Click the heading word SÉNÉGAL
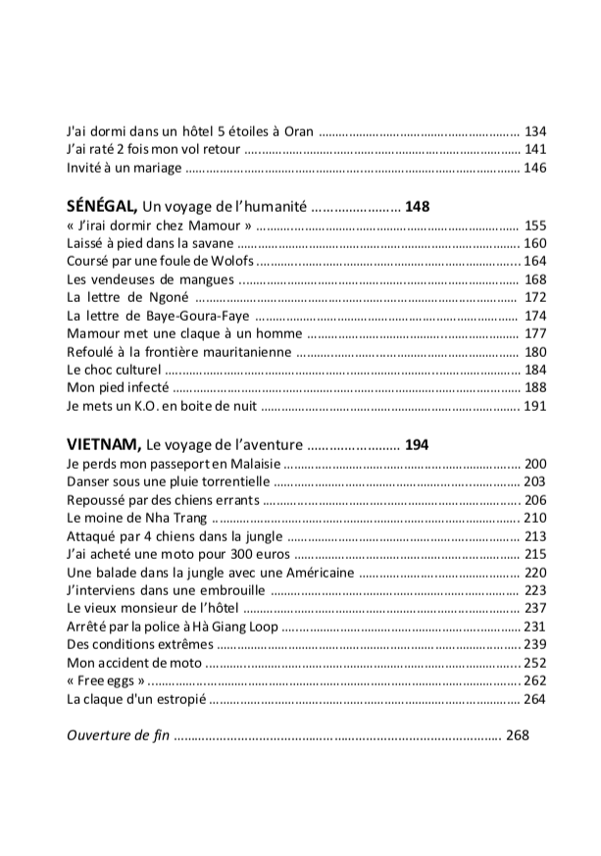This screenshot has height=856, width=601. pos(101,207)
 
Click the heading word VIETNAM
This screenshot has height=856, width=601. pos(103,444)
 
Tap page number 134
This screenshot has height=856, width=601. pos(534,130)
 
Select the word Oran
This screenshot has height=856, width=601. pos(298,130)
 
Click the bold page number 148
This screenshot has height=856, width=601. pos(417,208)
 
